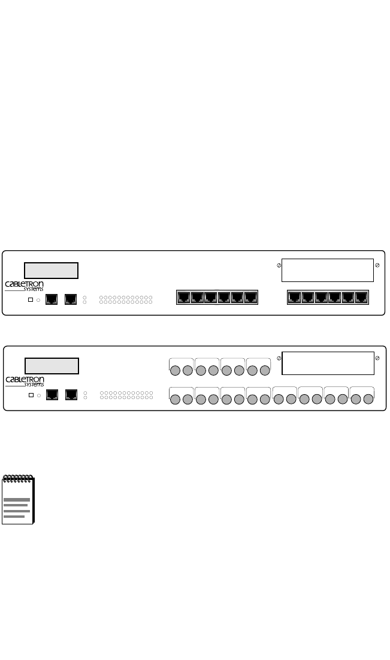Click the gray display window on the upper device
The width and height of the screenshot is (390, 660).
tap(51, 270)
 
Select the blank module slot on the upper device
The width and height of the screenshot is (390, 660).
tap(327, 270)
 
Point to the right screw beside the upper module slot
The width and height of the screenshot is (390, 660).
tap(377, 265)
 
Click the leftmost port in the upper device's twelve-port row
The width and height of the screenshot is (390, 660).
tap(183, 296)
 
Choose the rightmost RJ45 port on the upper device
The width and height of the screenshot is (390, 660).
tap(361, 296)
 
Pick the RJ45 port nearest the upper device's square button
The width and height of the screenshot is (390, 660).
tap(52, 298)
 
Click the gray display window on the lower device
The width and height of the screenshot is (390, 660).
tap(52, 365)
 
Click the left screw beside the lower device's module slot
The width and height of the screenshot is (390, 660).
tap(279, 358)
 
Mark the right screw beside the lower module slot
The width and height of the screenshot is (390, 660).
tap(377, 358)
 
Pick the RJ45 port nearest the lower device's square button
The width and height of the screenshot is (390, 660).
tap(52, 395)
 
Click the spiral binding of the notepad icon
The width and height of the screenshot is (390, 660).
tap(18, 478)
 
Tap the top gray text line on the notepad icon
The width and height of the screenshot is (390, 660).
tap(17, 500)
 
